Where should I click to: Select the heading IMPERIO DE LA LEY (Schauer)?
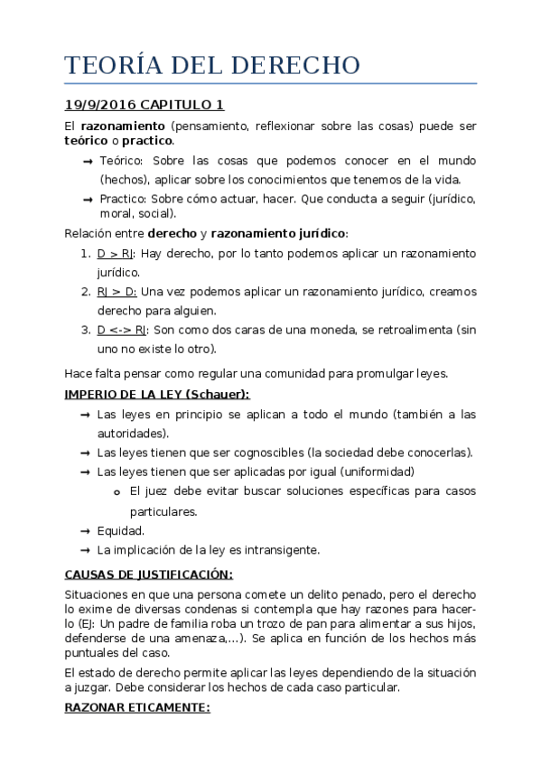[x=157, y=394]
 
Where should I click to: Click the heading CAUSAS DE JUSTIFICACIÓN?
[x=149, y=574]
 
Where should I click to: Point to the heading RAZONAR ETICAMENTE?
[x=137, y=708]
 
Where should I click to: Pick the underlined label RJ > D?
[x=117, y=292]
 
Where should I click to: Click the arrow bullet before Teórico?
[x=87, y=161]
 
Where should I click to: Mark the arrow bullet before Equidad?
[x=85, y=530]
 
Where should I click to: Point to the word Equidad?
[x=120, y=530]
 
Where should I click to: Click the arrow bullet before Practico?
[x=87, y=199]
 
